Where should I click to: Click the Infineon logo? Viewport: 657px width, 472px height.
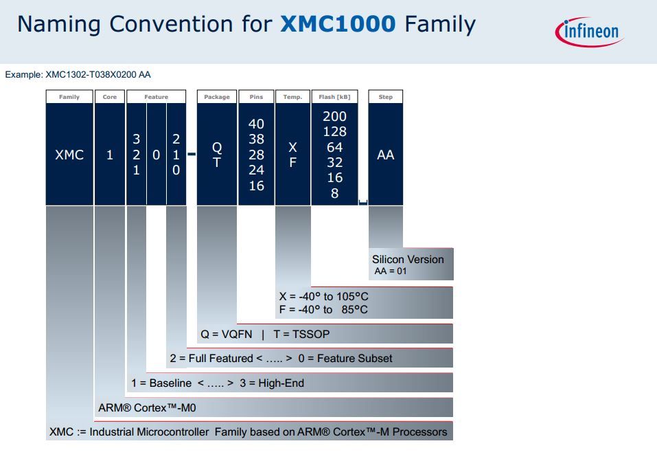[588, 31]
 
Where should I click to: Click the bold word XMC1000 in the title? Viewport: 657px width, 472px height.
[338, 25]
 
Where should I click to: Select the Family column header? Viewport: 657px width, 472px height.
[69, 97]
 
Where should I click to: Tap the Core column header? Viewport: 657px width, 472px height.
[110, 97]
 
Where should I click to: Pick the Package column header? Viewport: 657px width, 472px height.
[217, 97]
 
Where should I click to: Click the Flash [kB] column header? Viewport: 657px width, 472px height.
[334, 97]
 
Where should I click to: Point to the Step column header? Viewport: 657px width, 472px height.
[386, 97]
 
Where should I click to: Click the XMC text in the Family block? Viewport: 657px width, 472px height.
[69, 155]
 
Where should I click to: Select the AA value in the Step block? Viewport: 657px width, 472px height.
[386, 155]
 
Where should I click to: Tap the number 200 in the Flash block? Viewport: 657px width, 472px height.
[334, 116]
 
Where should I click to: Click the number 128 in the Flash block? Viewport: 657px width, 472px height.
[334, 131]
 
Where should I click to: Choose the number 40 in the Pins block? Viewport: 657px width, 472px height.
[256, 124]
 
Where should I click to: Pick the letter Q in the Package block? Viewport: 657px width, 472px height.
[217, 148]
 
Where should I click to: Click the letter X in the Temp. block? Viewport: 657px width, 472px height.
[292, 148]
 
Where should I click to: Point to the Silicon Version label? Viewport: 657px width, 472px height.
[408, 260]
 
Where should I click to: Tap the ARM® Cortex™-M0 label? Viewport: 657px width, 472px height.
[148, 407]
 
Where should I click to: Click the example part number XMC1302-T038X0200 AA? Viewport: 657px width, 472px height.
[98, 74]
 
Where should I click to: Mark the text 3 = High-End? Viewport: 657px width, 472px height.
[272, 383]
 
